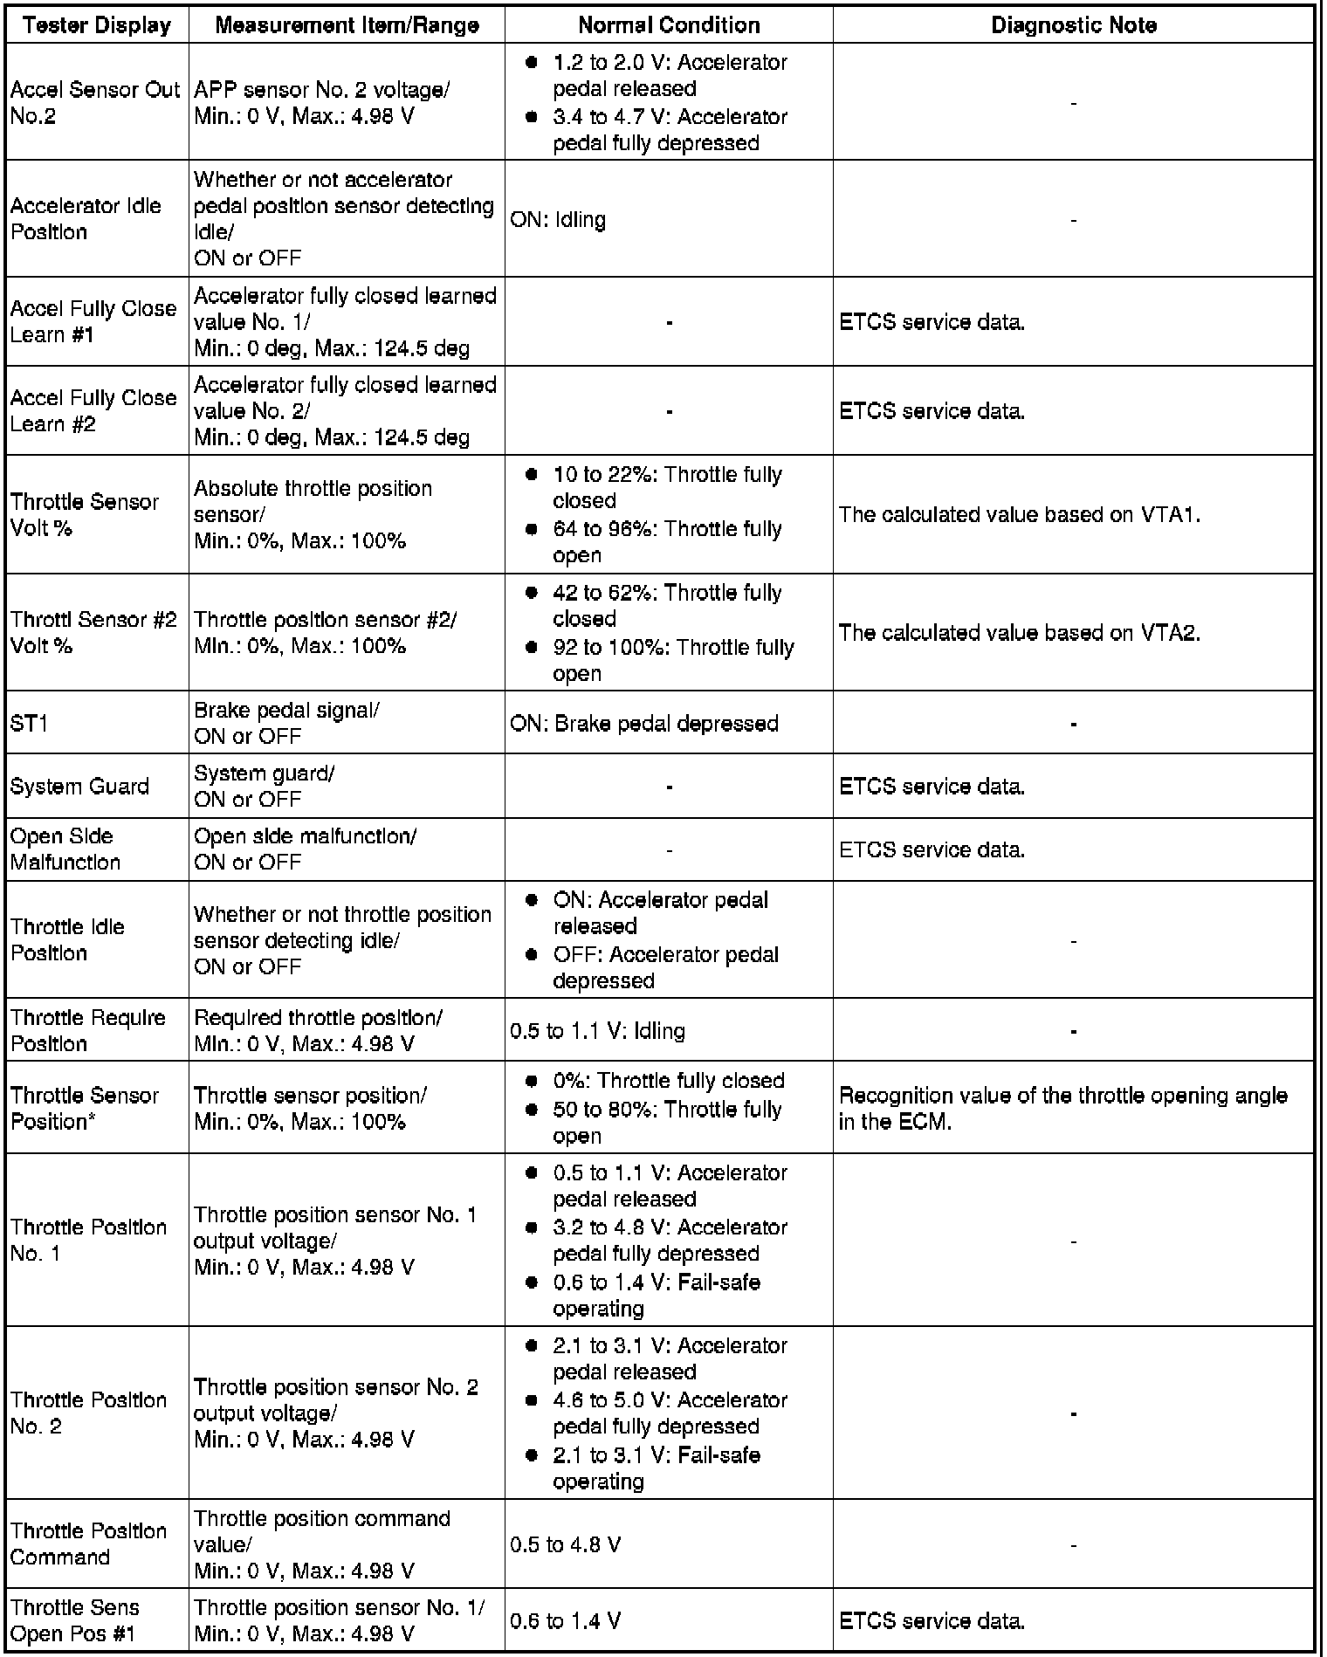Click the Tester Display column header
pos(97,25)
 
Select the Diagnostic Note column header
pos(1073,25)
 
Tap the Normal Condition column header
pos(669,25)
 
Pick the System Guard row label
pos(79,787)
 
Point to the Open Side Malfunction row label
pos(65,849)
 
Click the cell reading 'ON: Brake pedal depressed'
pos(644,724)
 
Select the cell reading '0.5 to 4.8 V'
pos(565,1544)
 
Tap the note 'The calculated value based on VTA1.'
pos(1019,515)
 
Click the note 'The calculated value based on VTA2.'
pos(1019,633)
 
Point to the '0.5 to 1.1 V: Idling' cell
pos(598,1031)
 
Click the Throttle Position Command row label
pos(88,1544)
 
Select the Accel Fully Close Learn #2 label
pos(93,411)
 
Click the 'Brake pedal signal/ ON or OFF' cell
pos(286,724)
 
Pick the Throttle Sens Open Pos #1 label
pos(75,1620)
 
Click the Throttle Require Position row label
pos(87,1031)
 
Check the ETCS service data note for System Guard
pos(932,787)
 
